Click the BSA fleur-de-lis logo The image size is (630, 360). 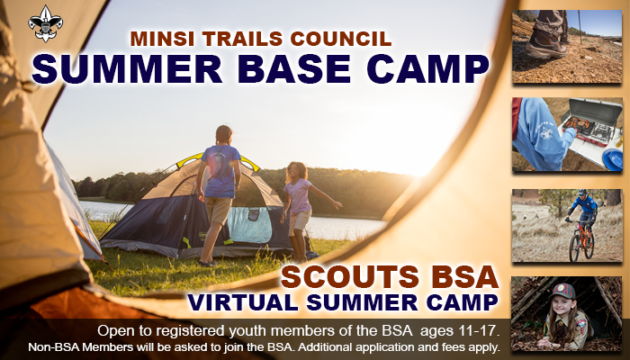[x=45, y=22]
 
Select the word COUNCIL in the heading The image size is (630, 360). [x=341, y=39]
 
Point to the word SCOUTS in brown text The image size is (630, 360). [x=350, y=277]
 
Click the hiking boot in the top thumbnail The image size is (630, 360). [x=546, y=40]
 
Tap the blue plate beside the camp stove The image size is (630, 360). [x=613, y=159]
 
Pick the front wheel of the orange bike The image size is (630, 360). [x=575, y=249]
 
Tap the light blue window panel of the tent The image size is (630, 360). [x=250, y=225]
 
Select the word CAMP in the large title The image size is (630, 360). [x=428, y=68]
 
